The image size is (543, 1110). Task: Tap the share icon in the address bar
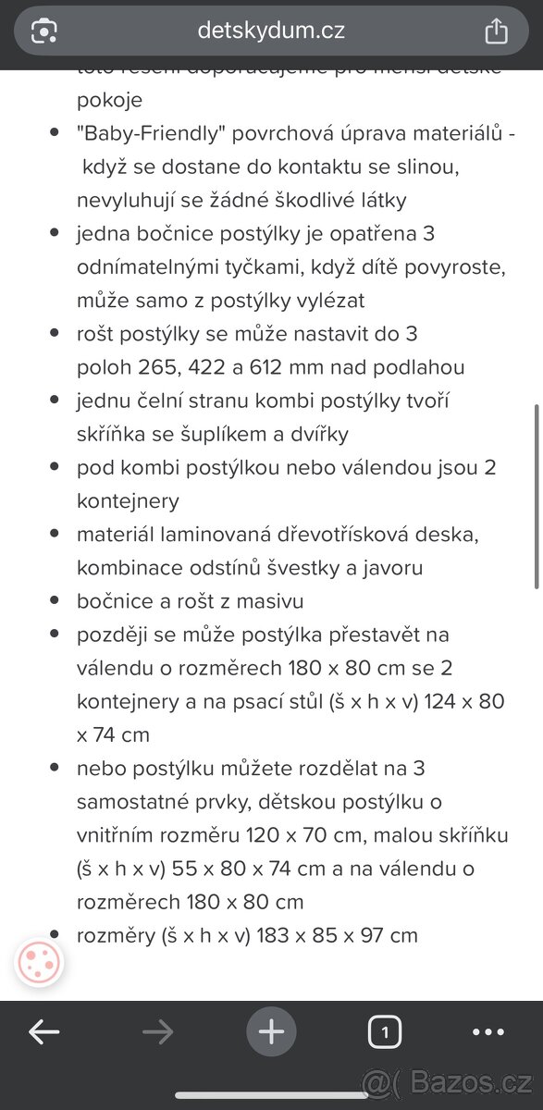coord(497,31)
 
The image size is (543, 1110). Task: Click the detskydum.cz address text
coord(271,31)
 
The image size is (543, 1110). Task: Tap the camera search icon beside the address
coord(44,31)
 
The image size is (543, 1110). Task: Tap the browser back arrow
coord(43,1031)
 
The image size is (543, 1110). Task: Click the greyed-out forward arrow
coord(158,1031)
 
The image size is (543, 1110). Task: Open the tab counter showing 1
coord(385,1031)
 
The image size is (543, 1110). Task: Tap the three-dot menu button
coord(488,1031)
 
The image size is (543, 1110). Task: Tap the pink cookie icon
coord(39,963)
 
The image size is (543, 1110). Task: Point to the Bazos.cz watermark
coord(472,1080)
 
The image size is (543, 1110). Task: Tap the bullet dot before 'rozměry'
coord(55,935)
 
